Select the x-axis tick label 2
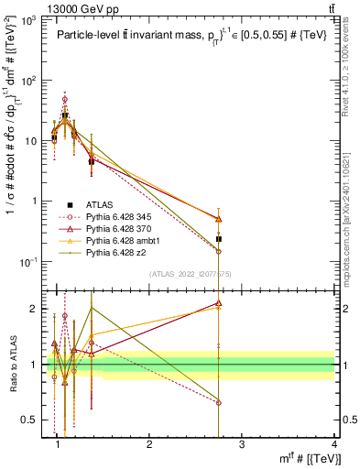pyautogui.click(x=150, y=444)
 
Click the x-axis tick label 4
pyautogui.click(x=334, y=444)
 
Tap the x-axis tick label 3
pyautogui.click(x=242, y=444)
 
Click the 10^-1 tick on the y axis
pyautogui.click(x=32, y=263)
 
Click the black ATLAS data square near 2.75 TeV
pyautogui.click(x=219, y=239)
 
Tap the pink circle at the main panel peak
pyautogui.click(x=64, y=99)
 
